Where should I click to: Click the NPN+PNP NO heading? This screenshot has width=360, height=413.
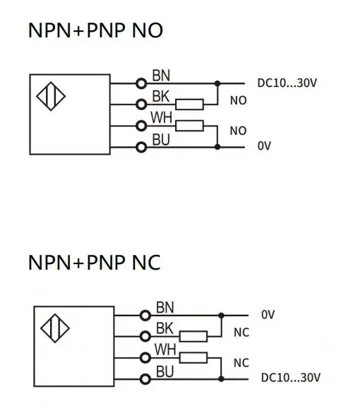(x=95, y=30)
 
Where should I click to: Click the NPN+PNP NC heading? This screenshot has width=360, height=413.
(x=94, y=263)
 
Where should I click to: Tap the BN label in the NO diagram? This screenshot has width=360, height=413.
(x=161, y=76)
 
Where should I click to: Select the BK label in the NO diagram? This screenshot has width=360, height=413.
(x=161, y=97)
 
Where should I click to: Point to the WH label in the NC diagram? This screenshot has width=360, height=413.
(x=165, y=349)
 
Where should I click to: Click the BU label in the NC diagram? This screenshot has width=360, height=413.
(x=165, y=371)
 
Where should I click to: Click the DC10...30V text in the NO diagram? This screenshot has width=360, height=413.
(x=287, y=83)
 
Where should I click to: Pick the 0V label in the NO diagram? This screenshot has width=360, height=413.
(x=264, y=145)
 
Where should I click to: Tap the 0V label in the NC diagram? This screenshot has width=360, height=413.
(x=268, y=314)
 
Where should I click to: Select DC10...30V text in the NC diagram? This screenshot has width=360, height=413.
(x=291, y=378)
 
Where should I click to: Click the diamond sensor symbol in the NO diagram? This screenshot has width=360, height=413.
(x=51, y=96)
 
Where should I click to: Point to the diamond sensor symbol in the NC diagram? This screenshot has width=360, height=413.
(x=55, y=328)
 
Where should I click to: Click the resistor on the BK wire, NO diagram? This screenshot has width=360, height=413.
(x=190, y=104)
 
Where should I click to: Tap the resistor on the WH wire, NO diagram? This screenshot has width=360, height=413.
(x=190, y=126)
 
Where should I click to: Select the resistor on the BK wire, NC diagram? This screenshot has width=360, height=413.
(x=193, y=336)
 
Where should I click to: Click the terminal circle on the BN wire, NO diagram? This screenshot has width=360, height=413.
(x=141, y=83)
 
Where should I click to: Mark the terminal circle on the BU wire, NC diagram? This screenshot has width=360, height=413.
(x=145, y=379)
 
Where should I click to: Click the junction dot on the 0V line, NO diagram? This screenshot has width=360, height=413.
(x=217, y=147)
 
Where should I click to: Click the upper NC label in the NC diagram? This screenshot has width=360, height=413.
(x=241, y=333)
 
